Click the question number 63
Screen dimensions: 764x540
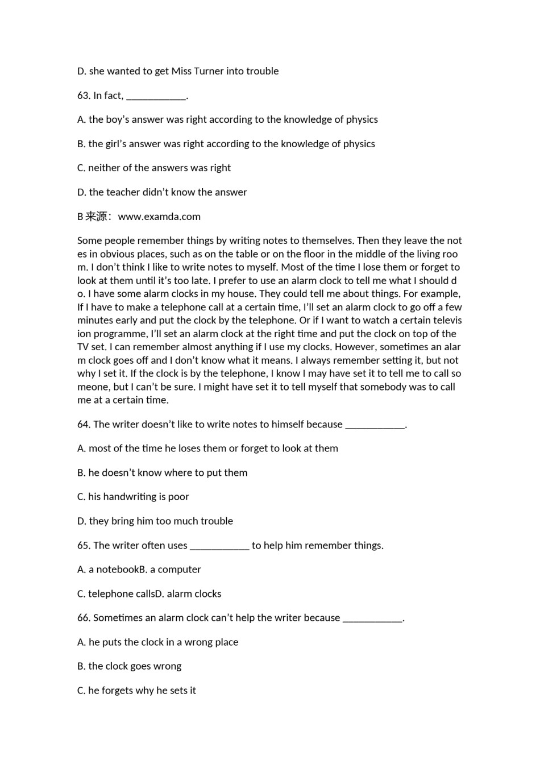(84, 95)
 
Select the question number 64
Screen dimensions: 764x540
(84, 424)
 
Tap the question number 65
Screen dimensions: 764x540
(84, 545)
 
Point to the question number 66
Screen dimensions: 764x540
(84, 617)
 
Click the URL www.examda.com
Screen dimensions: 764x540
(159, 217)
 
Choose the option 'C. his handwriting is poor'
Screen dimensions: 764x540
(133, 497)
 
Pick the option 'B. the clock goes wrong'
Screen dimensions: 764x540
(129, 666)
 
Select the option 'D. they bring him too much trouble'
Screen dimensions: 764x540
(155, 521)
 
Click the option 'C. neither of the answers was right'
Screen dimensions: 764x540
(153, 168)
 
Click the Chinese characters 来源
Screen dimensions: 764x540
(97, 217)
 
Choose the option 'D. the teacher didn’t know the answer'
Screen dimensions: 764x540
(161, 192)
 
